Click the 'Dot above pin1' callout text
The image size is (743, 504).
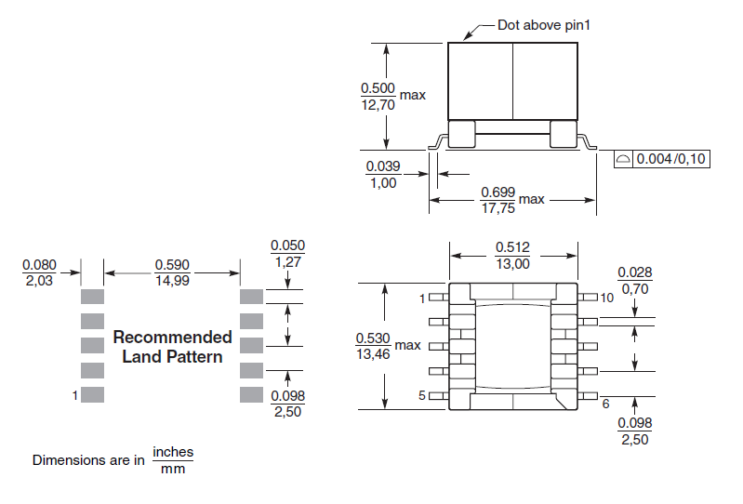(544, 25)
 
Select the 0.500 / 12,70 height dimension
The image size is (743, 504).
(378, 96)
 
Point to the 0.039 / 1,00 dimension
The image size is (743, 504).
(381, 174)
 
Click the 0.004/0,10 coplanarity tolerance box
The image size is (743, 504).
(662, 159)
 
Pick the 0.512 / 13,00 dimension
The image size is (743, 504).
(512, 256)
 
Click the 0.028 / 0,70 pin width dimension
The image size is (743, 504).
(635, 280)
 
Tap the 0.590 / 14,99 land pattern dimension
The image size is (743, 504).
(172, 272)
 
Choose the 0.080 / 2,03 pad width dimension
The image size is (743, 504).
(38, 272)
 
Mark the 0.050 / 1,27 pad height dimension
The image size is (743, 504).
(287, 254)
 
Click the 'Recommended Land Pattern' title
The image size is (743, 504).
(172, 346)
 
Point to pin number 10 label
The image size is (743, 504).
(607, 298)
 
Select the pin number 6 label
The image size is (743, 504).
(606, 404)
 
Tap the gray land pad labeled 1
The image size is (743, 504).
(91, 394)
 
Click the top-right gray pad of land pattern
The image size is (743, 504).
(252, 297)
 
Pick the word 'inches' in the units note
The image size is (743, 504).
(173, 452)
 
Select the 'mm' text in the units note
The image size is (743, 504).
(173, 469)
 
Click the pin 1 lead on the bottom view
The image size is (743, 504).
(439, 298)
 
